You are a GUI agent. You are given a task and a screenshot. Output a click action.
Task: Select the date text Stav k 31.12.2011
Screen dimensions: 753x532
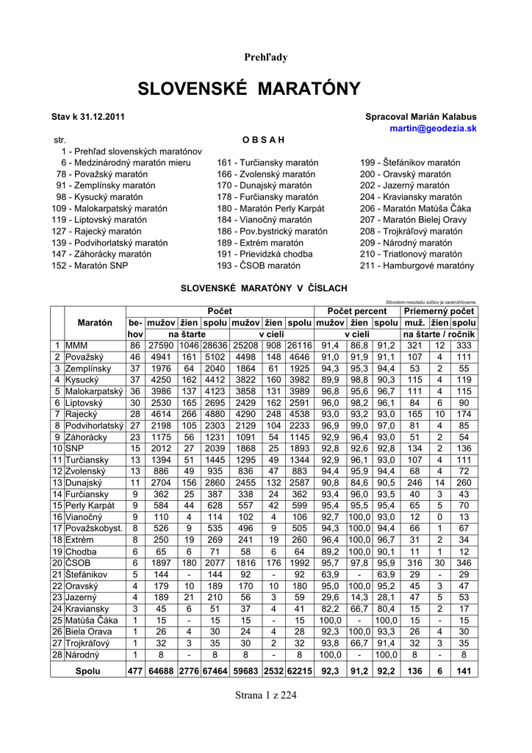[87, 116]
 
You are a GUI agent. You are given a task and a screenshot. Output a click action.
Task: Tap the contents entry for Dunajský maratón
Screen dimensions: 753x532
[260, 186]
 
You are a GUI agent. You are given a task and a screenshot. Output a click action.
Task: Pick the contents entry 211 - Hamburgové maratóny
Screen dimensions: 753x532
[417, 265]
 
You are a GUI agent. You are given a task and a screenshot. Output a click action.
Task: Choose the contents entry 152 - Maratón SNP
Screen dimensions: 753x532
[90, 265]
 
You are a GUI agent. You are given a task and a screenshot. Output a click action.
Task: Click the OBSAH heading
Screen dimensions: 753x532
[262, 139]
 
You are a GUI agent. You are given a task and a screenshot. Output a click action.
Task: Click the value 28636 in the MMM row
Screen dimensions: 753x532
[215, 345]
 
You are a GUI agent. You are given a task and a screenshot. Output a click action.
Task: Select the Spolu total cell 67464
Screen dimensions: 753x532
[215, 671]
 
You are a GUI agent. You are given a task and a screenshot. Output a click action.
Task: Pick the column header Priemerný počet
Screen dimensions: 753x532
[439, 312]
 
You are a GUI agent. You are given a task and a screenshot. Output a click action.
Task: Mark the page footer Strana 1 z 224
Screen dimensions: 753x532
[265, 696]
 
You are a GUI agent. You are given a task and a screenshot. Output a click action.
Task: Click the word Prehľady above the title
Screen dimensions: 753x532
[265, 57]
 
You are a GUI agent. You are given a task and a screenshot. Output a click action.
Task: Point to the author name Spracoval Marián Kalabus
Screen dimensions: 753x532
[420, 116]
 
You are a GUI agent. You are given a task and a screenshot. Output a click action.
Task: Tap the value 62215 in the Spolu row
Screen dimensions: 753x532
[299, 671]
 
